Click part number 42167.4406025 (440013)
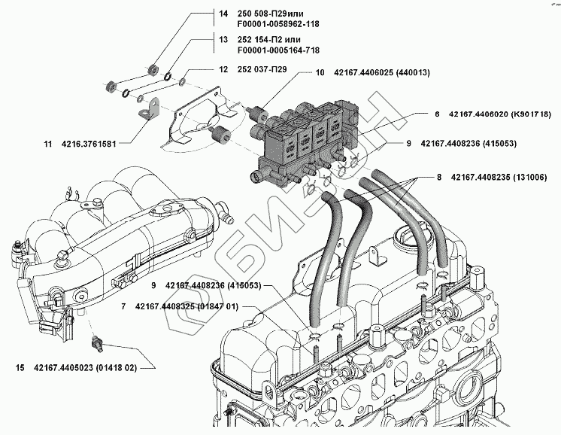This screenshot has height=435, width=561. [382, 73]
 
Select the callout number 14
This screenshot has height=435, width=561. [223, 14]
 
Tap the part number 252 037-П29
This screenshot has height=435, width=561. [262, 69]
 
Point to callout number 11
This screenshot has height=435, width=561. [48, 144]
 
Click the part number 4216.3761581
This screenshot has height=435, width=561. [89, 144]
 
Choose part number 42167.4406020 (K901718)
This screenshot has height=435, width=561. [499, 114]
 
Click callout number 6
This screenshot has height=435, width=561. [437, 114]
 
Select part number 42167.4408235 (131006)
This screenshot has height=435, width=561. [499, 177]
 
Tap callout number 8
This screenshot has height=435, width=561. [439, 177]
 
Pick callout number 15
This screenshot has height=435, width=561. [20, 368]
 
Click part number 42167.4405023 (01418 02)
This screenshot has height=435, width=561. [85, 368]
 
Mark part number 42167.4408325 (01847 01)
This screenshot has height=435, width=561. [186, 307]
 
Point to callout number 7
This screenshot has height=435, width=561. [123, 307]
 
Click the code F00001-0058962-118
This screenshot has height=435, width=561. [278, 24]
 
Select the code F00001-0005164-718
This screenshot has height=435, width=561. [278, 50]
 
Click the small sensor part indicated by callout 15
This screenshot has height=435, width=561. [97, 342]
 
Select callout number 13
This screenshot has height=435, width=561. [223, 39]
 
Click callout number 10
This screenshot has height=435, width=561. [320, 73]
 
